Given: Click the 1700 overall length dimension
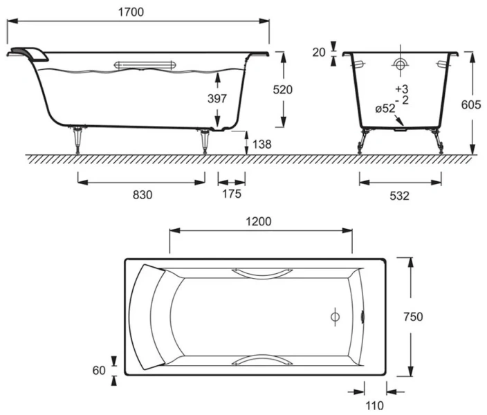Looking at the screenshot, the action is pos(131,12).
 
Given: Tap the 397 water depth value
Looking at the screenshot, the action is pos(217,98).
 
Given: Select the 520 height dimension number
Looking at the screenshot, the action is pos(283,89).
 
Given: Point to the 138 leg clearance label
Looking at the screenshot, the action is pos(261,144).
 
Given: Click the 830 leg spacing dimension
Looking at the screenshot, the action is pos(143,195).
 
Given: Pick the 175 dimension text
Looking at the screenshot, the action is pos(232,194).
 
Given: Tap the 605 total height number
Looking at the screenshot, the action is pos(471,104).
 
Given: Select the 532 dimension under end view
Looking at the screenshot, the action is pos(399,196).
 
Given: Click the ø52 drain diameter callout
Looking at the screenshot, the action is pos(385,109).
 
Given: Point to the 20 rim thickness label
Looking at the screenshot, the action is pos(319,53).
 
